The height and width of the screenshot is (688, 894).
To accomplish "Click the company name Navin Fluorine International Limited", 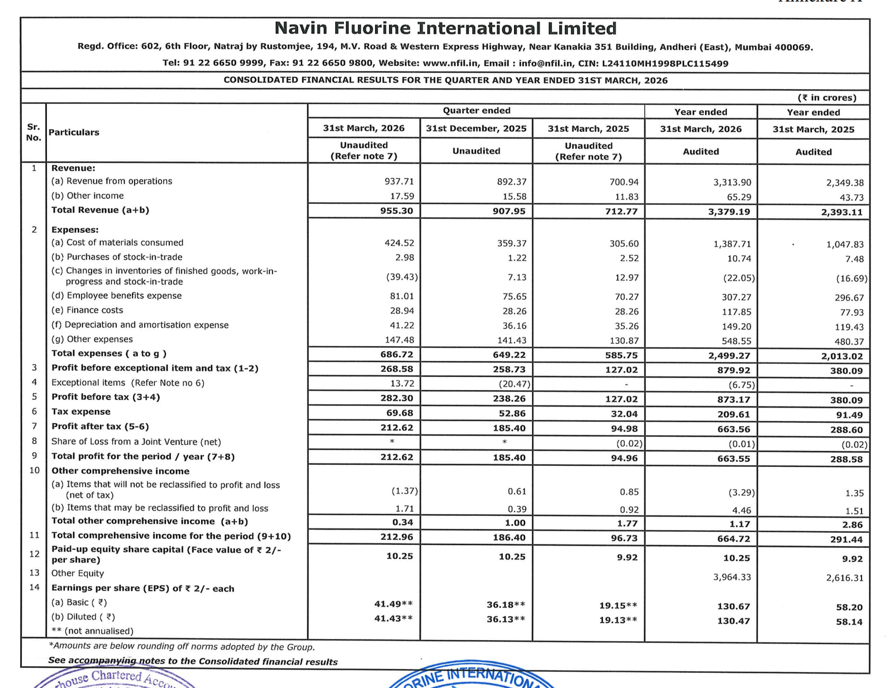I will coord(445,28).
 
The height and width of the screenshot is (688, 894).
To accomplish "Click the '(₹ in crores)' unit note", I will coord(827,98).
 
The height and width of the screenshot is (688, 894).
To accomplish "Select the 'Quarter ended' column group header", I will coord(476,111).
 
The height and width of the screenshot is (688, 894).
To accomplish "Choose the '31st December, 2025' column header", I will coord(476,128).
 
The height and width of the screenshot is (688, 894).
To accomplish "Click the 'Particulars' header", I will coord(74,132).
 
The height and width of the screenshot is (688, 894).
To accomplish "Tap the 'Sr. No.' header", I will coord(34,132).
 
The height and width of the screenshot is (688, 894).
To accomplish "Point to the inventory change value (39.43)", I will coord(402,277).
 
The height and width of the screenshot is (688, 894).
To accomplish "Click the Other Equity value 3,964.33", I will coord(732,577).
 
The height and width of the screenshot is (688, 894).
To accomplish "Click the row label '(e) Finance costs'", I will coord(87,310).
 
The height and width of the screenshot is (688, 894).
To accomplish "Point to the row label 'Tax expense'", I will coord(81,412).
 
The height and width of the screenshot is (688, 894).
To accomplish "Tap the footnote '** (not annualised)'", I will coord(92,631).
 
